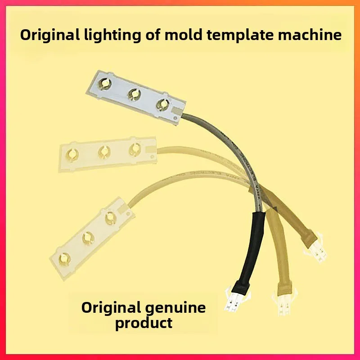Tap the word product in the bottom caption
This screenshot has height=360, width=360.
pos(144,323)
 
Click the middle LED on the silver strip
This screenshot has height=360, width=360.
pos(133,93)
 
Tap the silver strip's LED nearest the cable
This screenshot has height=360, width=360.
pos(161,104)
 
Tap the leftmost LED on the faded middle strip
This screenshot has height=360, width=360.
pos(71,155)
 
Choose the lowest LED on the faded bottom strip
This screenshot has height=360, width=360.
pos(65,258)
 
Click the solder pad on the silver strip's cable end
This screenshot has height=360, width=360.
pos(177,109)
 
